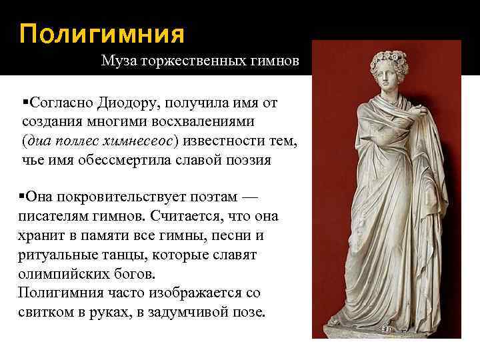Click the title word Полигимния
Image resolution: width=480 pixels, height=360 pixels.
pyautogui.click(x=101, y=33)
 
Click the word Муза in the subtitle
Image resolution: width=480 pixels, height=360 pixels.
pyautogui.click(x=118, y=62)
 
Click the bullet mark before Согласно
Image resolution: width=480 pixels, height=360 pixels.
pyautogui.click(x=25, y=103)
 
